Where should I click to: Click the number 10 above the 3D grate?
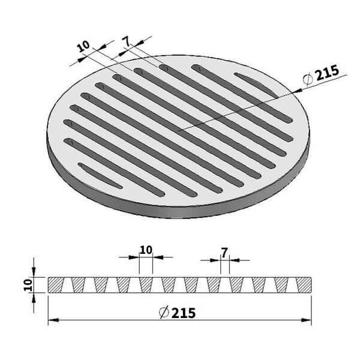[x=83, y=46]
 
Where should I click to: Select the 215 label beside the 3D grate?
[x=327, y=73]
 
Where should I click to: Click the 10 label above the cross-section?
[x=146, y=250]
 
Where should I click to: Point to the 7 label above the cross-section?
[x=224, y=253]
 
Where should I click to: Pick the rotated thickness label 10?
[x=28, y=285]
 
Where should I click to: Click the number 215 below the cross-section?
[x=184, y=313]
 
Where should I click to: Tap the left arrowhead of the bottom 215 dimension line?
[x=53, y=320]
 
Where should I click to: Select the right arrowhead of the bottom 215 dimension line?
[x=306, y=320]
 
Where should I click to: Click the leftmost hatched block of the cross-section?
[x=55, y=285]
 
